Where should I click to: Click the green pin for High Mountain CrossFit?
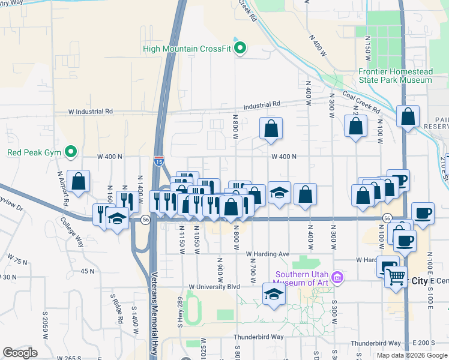[x=241, y=49]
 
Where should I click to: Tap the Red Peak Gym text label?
[x=35, y=152]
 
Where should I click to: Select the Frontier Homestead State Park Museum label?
[x=395, y=75]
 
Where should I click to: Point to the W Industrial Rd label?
[x=91, y=112]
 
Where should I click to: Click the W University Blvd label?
[x=214, y=287]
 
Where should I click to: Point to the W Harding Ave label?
[x=269, y=254]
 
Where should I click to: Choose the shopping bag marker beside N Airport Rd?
[x=78, y=181]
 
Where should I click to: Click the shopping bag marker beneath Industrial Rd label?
[x=271, y=128]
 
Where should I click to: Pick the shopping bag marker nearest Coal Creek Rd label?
[x=355, y=126]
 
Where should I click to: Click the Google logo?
[x=20, y=353]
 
